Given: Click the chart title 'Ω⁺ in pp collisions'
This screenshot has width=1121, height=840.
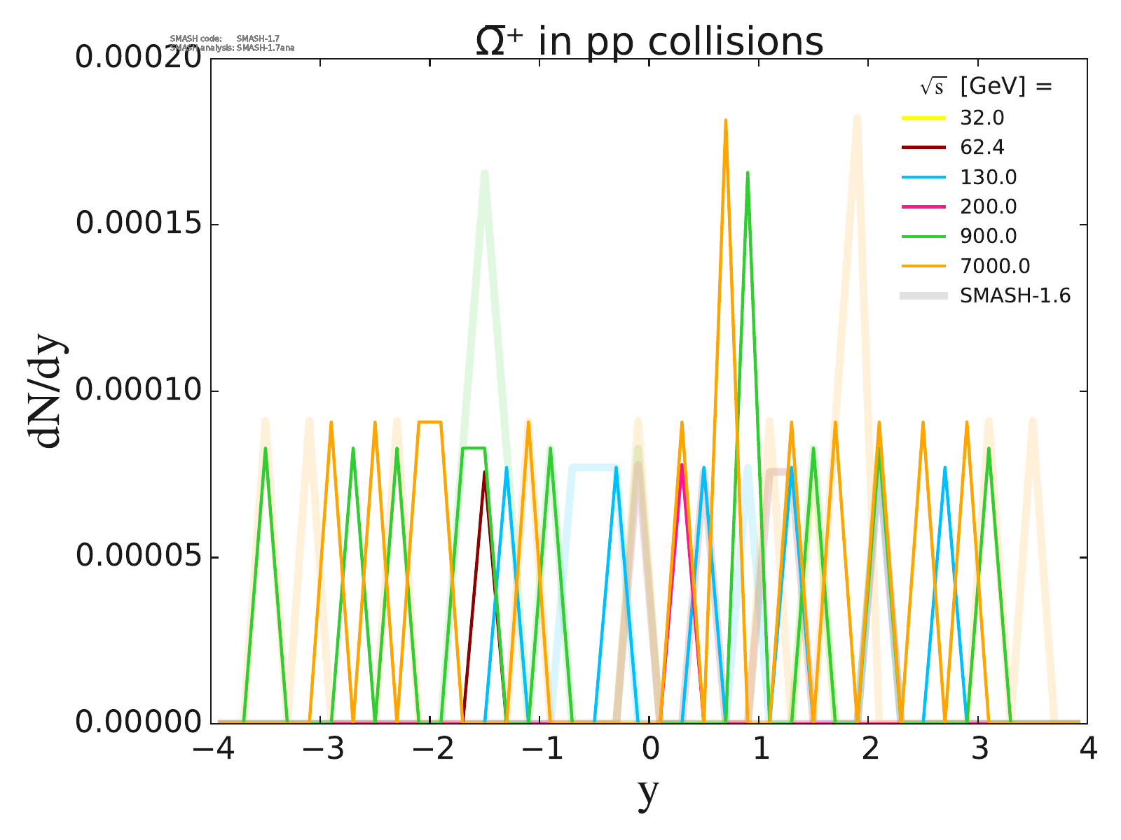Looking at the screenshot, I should [x=649, y=42].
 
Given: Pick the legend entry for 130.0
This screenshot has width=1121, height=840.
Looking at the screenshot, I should [x=988, y=177].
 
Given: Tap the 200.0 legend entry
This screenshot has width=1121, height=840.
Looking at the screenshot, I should [x=988, y=206].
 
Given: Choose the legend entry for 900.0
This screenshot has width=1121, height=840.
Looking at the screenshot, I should [x=988, y=236].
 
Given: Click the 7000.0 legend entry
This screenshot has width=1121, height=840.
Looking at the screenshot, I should [x=995, y=266].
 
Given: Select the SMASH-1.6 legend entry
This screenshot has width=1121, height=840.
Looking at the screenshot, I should [x=1015, y=295].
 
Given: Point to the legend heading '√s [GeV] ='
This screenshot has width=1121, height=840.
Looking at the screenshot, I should [x=986, y=86].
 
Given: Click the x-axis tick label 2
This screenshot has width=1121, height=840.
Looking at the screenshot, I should [x=869, y=750].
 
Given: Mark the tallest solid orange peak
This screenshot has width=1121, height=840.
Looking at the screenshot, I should [x=725, y=121].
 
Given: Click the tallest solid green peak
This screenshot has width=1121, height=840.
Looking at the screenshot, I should [x=748, y=173].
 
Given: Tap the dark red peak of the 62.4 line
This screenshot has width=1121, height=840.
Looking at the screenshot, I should [x=483, y=473].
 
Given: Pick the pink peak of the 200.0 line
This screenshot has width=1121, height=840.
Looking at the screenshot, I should [x=681, y=465].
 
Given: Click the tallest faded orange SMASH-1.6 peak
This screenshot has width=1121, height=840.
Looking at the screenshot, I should [x=857, y=119].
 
